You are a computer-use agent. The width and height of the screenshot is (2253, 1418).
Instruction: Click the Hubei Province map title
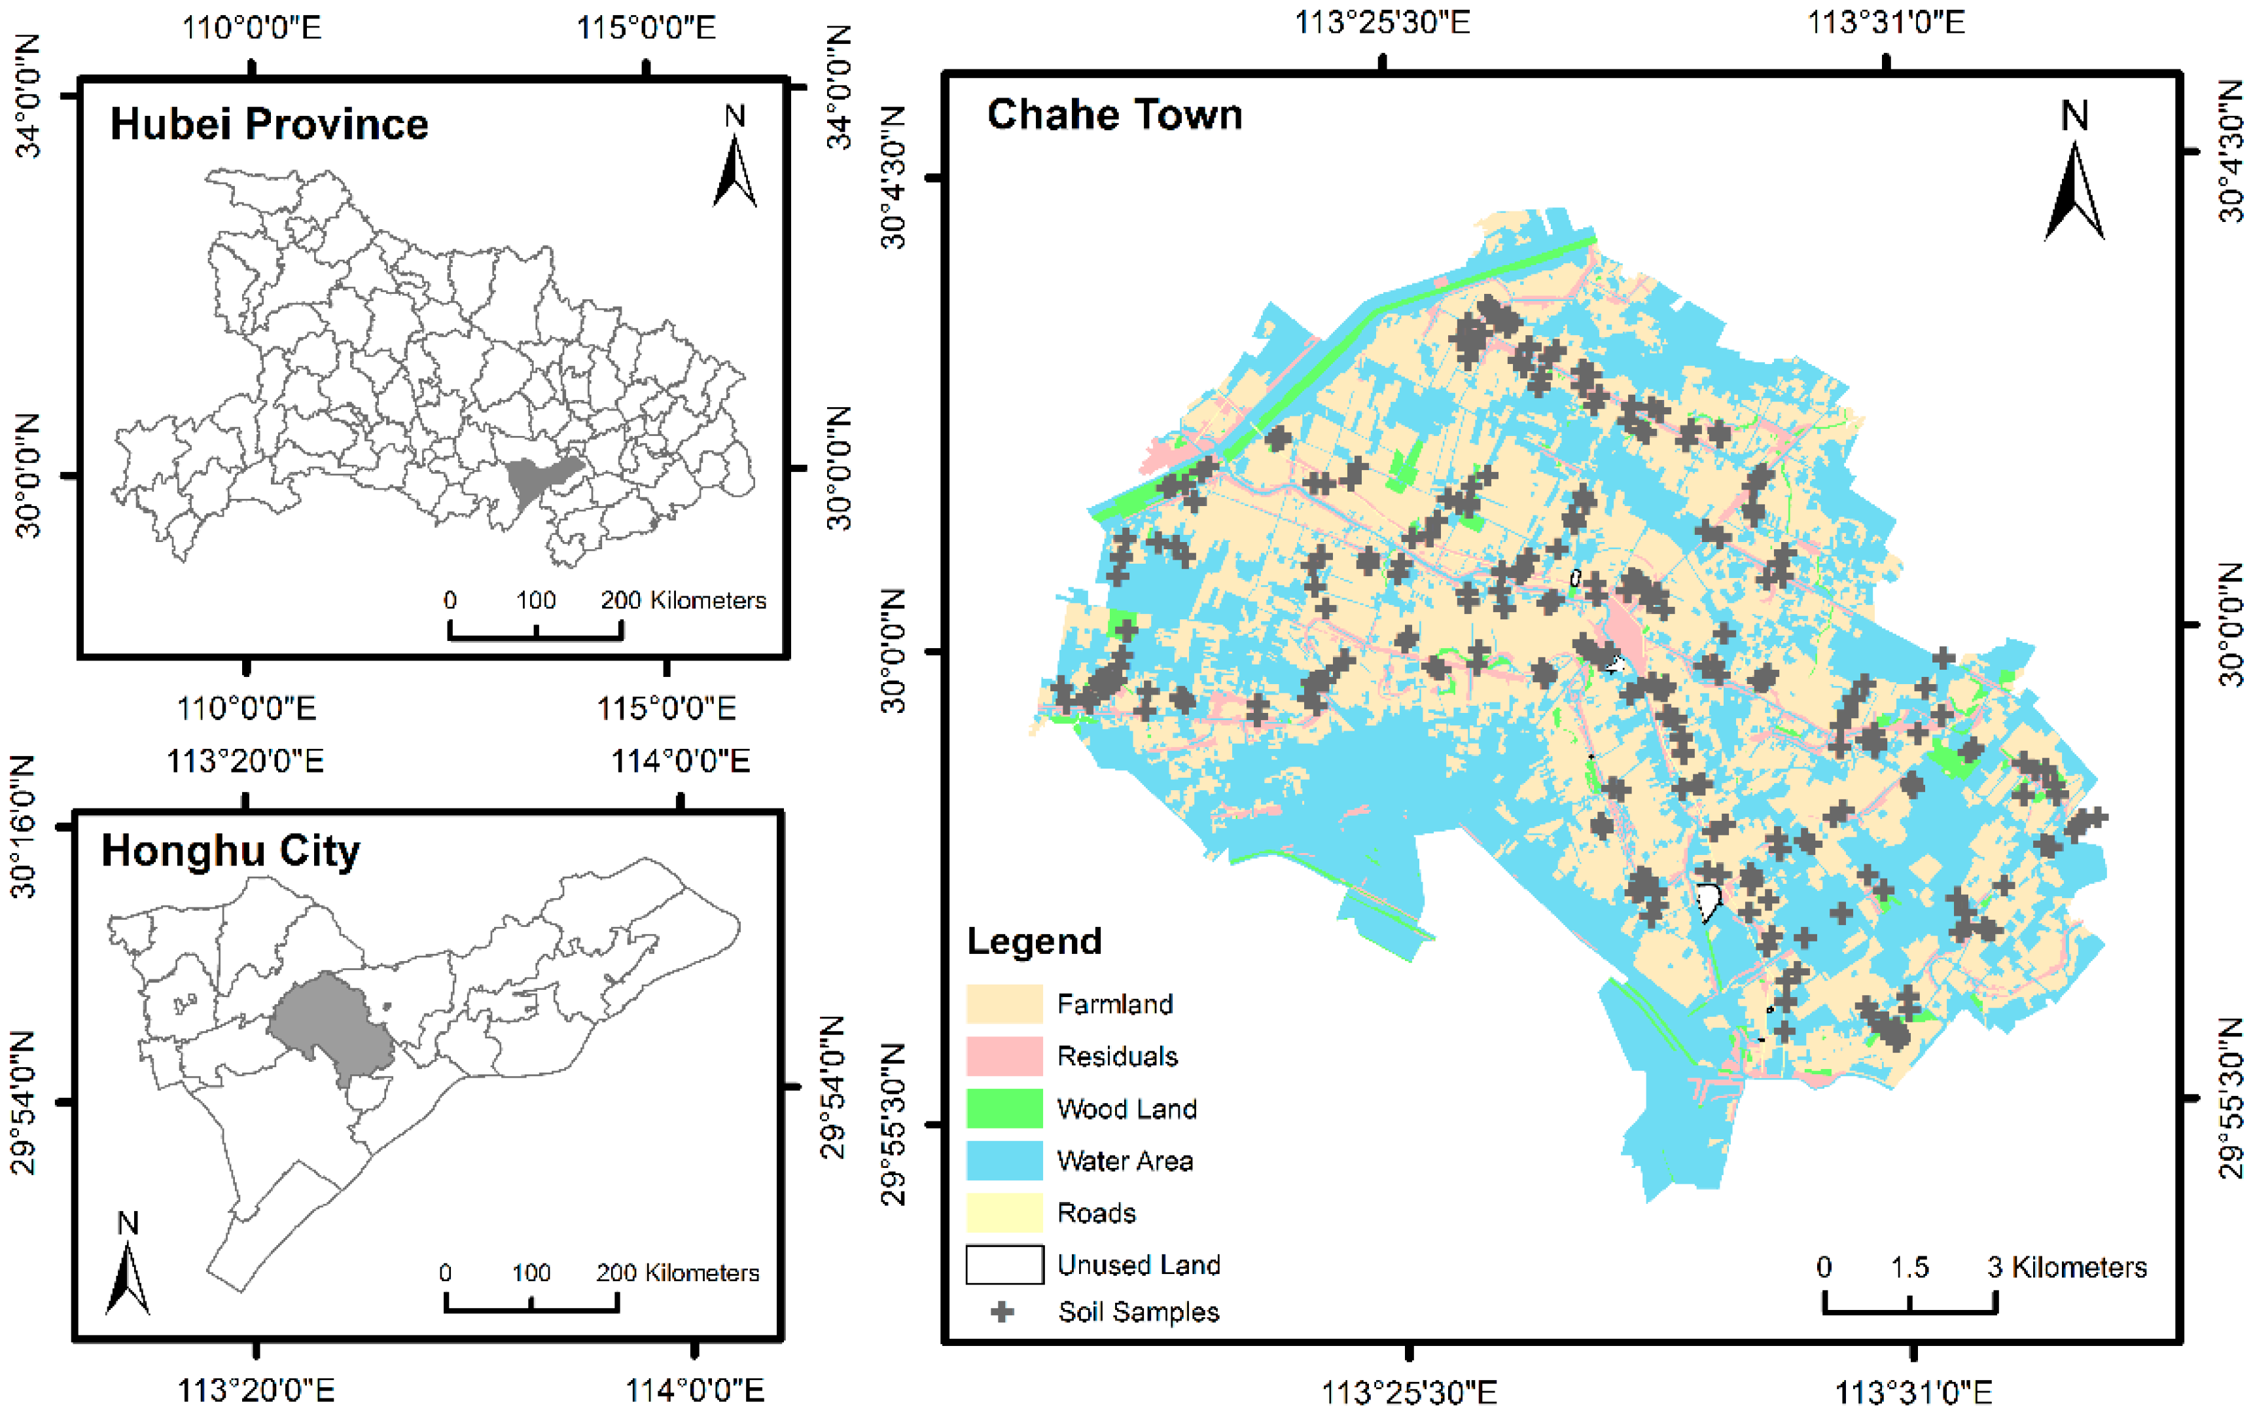point(270,124)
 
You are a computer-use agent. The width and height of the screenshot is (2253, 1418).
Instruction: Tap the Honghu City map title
point(230,851)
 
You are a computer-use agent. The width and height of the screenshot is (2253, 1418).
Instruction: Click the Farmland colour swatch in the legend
point(1004,1004)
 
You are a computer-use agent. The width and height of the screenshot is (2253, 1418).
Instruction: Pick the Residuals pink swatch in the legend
point(1004,1056)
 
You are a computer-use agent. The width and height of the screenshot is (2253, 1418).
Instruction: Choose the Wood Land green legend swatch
point(1004,1108)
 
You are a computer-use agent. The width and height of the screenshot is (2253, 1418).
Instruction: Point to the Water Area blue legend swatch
point(1004,1161)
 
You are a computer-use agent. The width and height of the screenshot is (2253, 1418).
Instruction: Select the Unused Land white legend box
point(1004,1265)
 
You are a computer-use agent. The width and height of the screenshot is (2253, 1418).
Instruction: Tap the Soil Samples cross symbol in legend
point(1002,1311)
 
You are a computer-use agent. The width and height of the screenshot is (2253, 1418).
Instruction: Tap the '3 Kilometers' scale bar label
point(2068,1267)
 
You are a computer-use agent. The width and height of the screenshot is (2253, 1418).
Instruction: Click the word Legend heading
point(1034,941)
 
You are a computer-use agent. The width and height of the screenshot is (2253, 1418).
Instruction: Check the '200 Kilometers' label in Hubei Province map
point(683,600)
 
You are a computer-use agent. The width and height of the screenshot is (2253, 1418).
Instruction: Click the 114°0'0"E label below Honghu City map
point(694,1391)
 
